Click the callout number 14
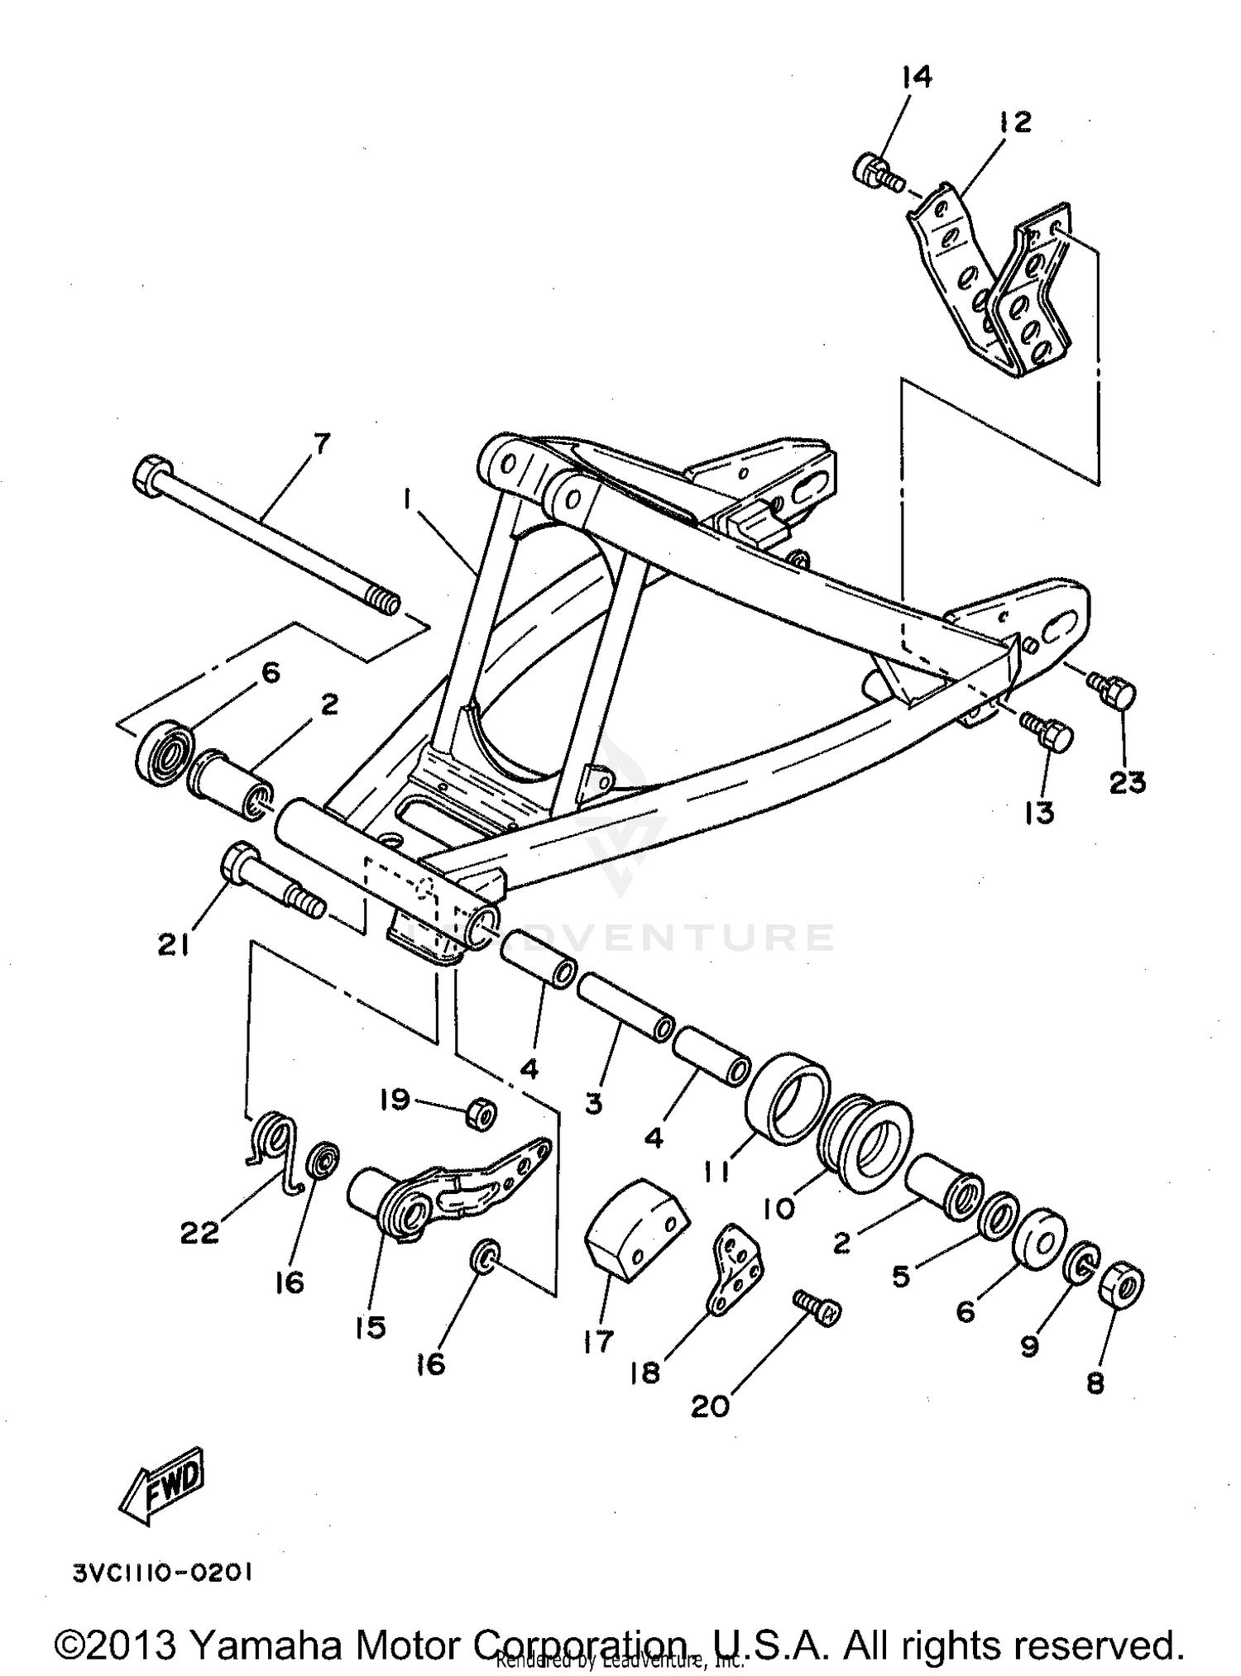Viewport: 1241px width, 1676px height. [x=917, y=78]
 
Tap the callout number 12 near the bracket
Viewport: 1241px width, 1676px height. [x=1015, y=122]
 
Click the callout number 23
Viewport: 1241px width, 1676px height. [x=1127, y=782]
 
